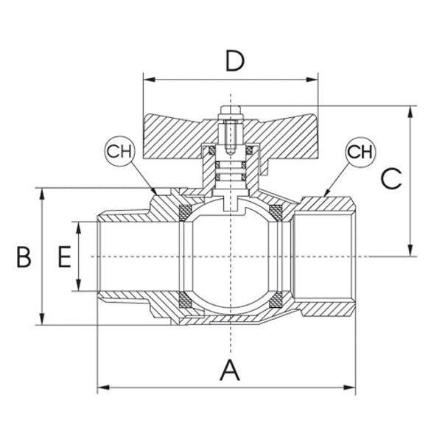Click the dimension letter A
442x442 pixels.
(231, 370)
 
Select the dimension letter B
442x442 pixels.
(24, 257)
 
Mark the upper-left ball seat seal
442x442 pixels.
(186, 214)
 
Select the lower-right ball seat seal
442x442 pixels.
(278, 298)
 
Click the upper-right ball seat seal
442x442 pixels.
(278, 214)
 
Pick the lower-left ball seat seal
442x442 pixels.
(186, 298)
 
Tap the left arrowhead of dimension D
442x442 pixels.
(146, 77)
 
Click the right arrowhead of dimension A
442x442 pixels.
(353, 387)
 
